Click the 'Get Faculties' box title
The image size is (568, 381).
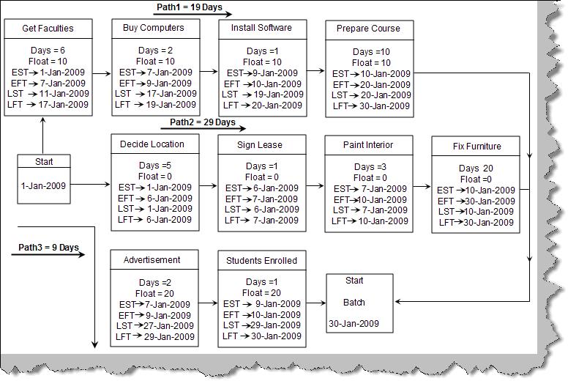pyautogui.click(x=48, y=29)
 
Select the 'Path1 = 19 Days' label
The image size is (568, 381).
pyautogui.click(x=190, y=7)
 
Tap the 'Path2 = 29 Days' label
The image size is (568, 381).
pyautogui.click(x=203, y=122)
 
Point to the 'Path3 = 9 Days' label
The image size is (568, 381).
pyautogui.click(x=48, y=248)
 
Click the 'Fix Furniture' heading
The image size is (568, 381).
pyautogui.click(x=477, y=147)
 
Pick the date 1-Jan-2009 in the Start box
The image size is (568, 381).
pyautogui.click(x=43, y=186)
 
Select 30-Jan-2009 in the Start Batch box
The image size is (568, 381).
pyautogui.click(x=354, y=324)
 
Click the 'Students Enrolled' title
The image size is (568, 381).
pyautogui.click(x=261, y=261)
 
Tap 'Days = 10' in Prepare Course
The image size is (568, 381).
pyautogui.click(x=371, y=52)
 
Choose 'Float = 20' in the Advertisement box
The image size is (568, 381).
pyautogui.click(x=154, y=293)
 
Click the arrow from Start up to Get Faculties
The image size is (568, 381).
pyautogui.click(x=42, y=136)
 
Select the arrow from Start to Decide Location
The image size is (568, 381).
pyautogui.click(x=90, y=185)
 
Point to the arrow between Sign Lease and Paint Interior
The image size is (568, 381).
pyautogui.click(x=315, y=186)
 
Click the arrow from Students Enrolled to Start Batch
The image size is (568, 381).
pyautogui.click(x=316, y=303)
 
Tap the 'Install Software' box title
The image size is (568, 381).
pyautogui.click(x=261, y=28)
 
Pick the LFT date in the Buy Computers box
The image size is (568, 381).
pyautogui.click(x=171, y=105)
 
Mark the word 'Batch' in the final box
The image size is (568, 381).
pyautogui.click(x=354, y=303)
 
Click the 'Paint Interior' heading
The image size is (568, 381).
pyautogui.click(x=368, y=145)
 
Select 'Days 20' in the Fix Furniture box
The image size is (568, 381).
pyautogui.click(x=476, y=169)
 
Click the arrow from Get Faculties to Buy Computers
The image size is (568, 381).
pyautogui.click(x=102, y=73)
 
